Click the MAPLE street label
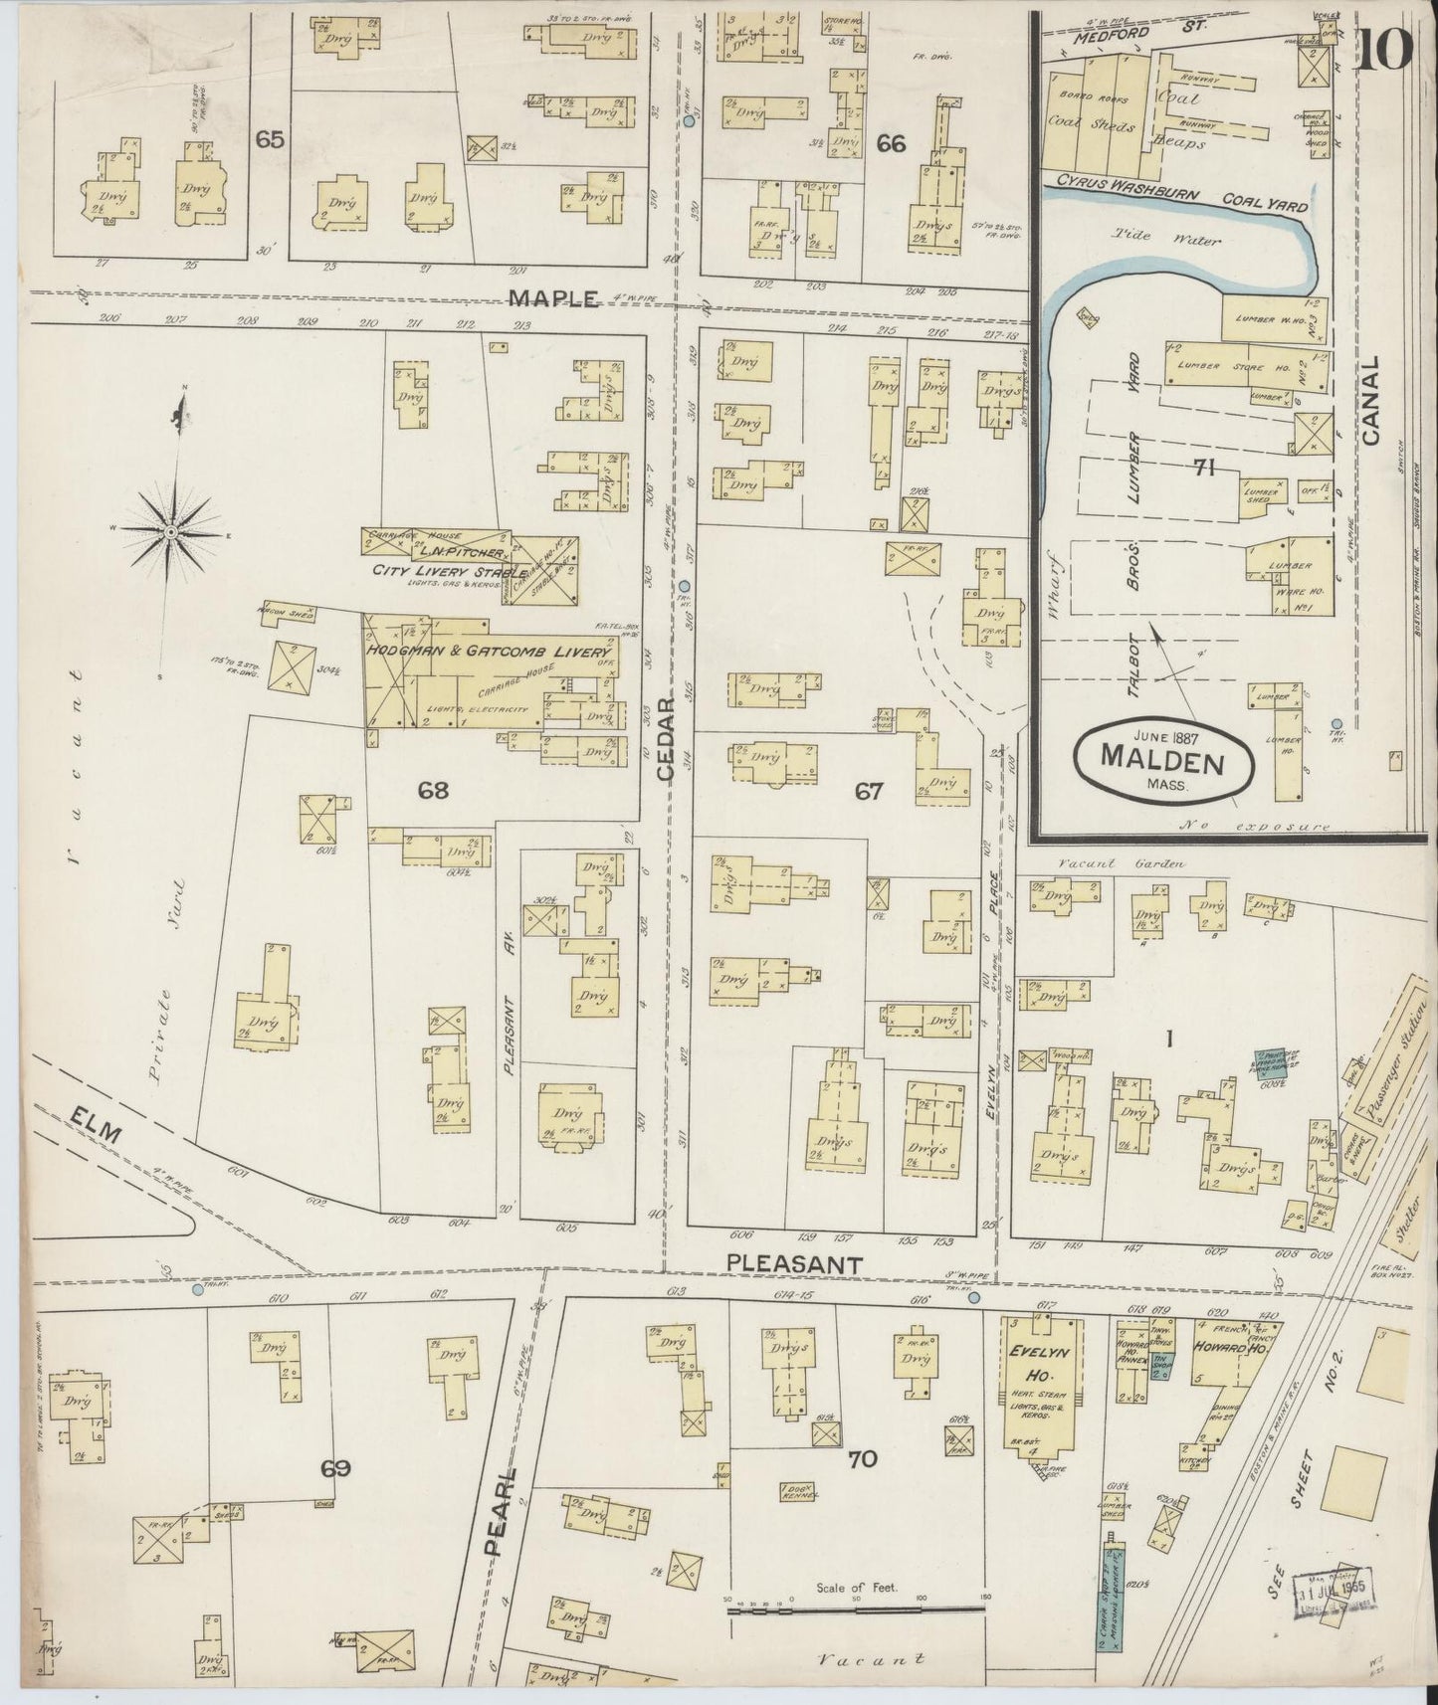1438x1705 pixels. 553,298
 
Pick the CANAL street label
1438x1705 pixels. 1372,400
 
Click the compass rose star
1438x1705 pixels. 172,532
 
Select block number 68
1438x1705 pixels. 434,791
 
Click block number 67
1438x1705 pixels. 868,792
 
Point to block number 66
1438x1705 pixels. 891,143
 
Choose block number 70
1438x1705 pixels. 862,1459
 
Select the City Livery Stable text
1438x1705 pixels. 435,571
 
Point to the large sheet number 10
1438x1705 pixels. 1383,52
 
